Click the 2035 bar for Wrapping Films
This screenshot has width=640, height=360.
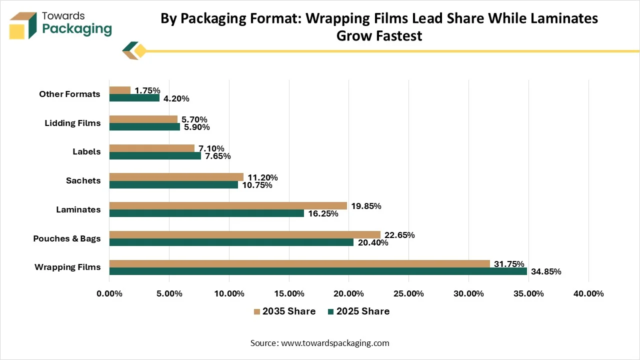(299, 263)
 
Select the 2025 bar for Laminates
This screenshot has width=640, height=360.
(206, 213)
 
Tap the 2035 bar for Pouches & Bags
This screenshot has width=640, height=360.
(245, 235)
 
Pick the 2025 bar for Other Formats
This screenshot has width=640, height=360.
(134, 97)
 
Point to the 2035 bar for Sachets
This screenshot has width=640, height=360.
(176, 177)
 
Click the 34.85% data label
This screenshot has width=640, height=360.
(546, 271)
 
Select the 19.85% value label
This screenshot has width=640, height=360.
(366, 206)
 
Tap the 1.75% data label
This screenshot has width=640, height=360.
(147, 90)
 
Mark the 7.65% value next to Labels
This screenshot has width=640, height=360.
(217, 156)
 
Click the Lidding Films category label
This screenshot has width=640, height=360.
(72, 123)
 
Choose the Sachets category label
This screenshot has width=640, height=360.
(83, 180)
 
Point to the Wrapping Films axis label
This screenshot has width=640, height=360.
(67, 267)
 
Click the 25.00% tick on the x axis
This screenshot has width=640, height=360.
(408, 293)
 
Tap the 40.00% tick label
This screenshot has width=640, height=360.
(588, 293)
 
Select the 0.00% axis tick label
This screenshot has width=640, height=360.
(109, 293)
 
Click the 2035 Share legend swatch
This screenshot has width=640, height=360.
(257, 311)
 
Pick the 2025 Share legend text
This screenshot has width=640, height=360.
(363, 311)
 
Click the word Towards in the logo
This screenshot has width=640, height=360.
(63, 16)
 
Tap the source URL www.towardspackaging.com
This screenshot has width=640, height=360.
(335, 343)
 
